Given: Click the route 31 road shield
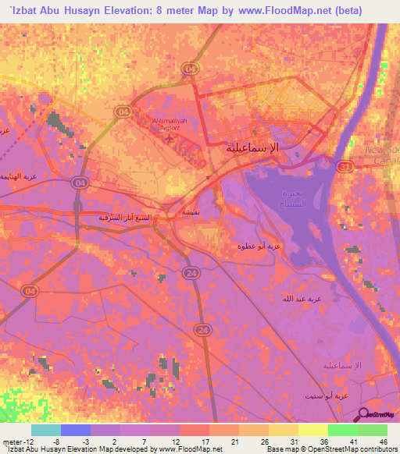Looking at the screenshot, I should pyautogui.click(x=345, y=166).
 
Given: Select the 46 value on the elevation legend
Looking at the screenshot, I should pyautogui.click(x=383, y=441).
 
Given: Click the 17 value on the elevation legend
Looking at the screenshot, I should pyautogui.click(x=204, y=441).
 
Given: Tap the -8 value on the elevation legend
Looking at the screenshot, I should pyautogui.click(x=55, y=441).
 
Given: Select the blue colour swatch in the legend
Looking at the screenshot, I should pyautogui.click(x=76, y=430).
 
